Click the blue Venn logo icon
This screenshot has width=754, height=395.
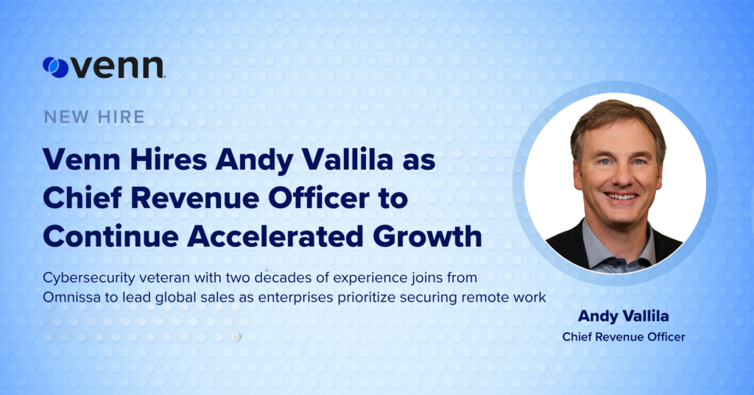point(56,67)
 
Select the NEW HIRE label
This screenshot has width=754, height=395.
point(94,117)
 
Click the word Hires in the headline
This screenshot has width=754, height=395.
point(169,160)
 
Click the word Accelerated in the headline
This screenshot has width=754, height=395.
point(275,236)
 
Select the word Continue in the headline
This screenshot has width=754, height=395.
point(111,236)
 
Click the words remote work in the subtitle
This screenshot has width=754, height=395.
point(504,297)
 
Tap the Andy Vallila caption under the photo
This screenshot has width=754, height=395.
point(623,316)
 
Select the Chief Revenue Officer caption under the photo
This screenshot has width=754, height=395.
point(624,337)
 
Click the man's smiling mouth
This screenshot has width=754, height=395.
point(621,196)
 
